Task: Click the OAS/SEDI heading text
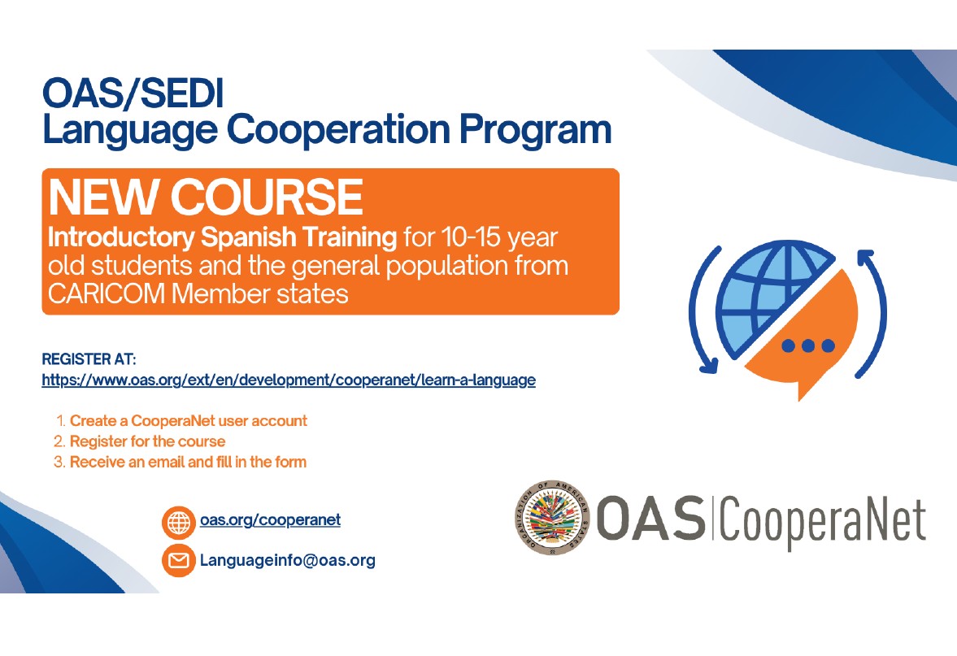coord(133,93)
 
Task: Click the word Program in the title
coord(535,131)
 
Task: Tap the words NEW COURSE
coord(206,197)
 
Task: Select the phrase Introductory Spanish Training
coord(222,237)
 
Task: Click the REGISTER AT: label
coord(89,358)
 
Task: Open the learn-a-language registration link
coord(289,380)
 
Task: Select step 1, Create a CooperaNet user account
coord(189,421)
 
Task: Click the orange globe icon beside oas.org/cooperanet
coord(179,523)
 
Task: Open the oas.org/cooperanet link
coord(271,520)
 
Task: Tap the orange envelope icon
coord(179,560)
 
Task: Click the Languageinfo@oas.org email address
coord(288,560)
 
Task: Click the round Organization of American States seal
coord(552,518)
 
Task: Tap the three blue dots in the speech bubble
coord(808,346)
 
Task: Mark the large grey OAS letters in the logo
coord(650,518)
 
